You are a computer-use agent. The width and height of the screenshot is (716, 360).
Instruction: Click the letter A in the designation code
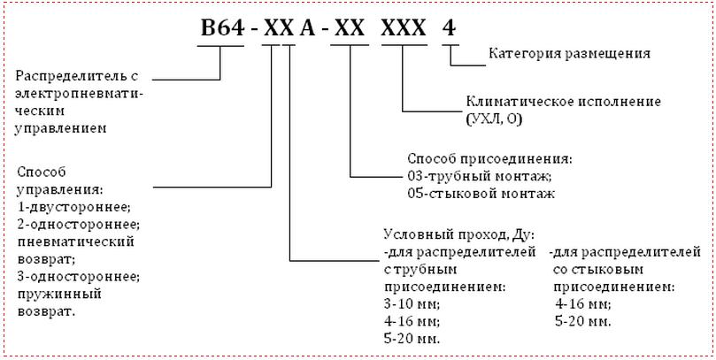(x=307, y=28)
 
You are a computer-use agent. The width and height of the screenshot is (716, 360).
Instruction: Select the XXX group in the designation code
(x=404, y=28)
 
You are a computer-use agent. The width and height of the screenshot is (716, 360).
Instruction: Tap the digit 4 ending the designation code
(x=450, y=28)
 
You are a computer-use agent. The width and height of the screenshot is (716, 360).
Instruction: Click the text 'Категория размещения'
(x=569, y=54)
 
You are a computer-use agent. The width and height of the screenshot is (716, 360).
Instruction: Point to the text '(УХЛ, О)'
(x=494, y=119)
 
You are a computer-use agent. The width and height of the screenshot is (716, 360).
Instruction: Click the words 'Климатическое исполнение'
(x=563, y=102)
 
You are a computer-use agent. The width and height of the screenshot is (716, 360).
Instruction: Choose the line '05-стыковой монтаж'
(x=481, y=194)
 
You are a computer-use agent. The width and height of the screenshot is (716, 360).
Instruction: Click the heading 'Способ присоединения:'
(x=490, y=159)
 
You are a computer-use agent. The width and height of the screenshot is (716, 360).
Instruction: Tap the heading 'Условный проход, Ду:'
(x=459, y=234)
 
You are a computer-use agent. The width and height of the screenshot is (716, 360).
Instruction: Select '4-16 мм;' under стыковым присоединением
(x=583, y=304)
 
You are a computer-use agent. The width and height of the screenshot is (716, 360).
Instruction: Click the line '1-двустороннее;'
(x=74, y=208)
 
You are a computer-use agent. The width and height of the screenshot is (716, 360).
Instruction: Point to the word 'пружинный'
(x=59, y=295)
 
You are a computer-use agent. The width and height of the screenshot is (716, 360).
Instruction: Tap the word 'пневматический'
(x=76, y=242)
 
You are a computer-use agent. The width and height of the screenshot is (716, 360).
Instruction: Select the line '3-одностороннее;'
(x=79, y=277)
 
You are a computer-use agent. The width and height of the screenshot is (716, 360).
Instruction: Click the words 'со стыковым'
(x=598, y=270)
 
